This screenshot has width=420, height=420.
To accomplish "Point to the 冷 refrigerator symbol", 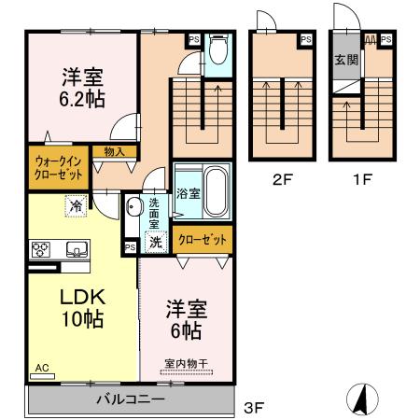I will [x=72, y=205].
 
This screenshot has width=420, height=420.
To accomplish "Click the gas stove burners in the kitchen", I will [x=43, y=249].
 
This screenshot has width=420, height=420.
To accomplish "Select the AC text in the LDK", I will [x=42, y=369].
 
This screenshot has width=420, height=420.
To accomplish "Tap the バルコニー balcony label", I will [x=132, y=399].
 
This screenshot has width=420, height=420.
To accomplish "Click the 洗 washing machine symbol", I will [x=157, y=243].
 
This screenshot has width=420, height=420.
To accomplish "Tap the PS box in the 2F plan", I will [x=305, y=39].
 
